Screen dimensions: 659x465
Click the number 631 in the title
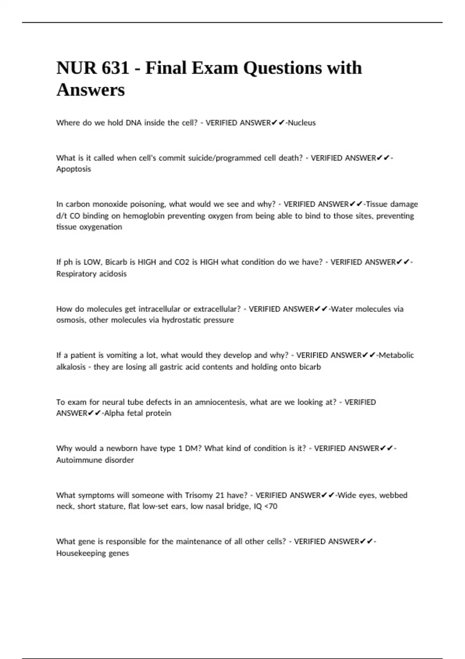pyautogui.click(x=115, y=68)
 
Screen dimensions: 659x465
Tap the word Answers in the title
pyautogui.click(x=91, y=90)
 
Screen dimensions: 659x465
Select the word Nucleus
pyautogui.click(x=302, y=123)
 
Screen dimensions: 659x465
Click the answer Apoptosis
pyautogui.click(x=74, y=169)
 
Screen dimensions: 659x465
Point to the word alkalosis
pyautogui.click(x=71, y=367)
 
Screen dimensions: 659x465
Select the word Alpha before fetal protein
pyautogui.click(x=114, y=413)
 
